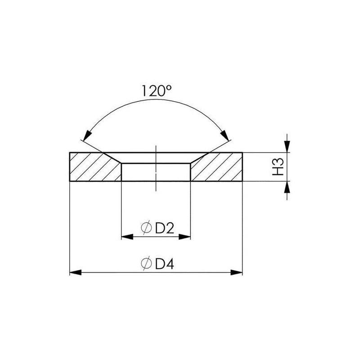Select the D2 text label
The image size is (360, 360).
[165, 229]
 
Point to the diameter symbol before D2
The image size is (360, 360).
[146, 229]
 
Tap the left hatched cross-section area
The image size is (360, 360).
[92, 168]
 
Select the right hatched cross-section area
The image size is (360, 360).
[218, 168]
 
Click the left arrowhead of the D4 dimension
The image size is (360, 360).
[75, 272]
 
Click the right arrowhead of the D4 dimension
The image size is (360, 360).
[237, 272]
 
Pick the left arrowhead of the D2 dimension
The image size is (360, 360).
[127, 237]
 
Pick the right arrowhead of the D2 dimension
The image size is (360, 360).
[185, 237]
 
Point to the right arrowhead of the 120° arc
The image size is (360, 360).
[225, 134]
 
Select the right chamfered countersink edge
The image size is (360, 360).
[198, 158]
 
